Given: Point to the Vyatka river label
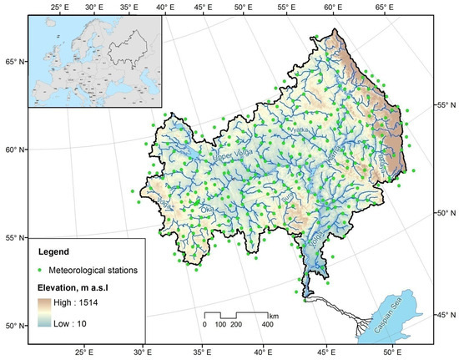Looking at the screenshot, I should coord(297,133).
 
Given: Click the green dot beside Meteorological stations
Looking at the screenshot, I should coord(41,269).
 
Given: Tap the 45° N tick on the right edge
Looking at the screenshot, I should coord(445,315).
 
